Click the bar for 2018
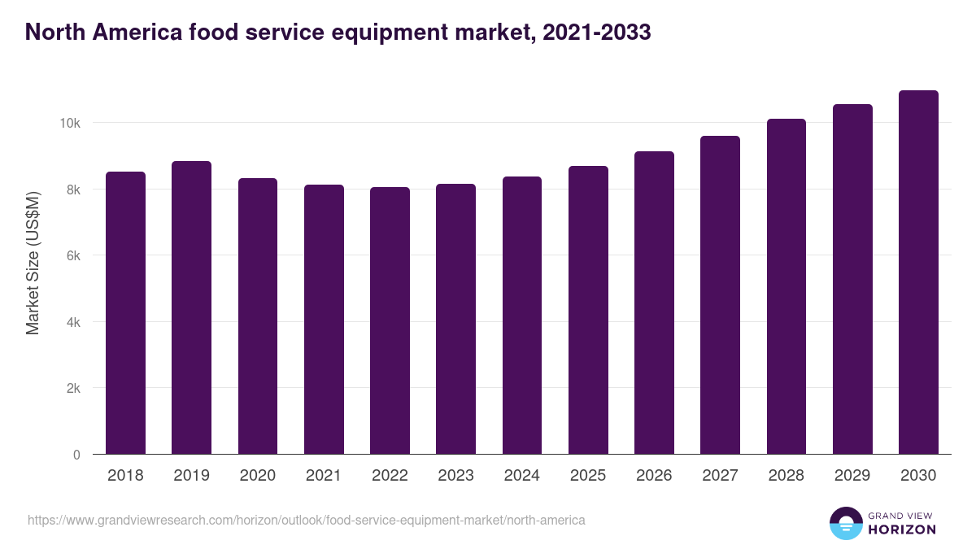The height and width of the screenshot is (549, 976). pos(125,313)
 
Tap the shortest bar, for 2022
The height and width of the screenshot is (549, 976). pos(390,320)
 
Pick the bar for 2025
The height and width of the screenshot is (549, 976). pos(588,310)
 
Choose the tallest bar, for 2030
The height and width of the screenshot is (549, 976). pos(918,272)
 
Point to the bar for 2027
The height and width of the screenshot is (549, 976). pos(720,295)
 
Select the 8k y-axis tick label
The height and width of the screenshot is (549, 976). pos(72,190)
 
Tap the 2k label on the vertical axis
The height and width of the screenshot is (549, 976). pos(72,389)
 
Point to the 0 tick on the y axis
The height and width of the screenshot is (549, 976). pos(76,455)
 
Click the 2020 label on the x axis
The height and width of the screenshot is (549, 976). pos(257,476)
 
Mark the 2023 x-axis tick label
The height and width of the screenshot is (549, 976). pos(455,476)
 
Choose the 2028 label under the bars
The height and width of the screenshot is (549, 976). pos(786,476)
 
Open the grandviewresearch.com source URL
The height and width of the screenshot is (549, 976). pos(306,520)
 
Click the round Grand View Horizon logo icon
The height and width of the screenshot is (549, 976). pos(845,523)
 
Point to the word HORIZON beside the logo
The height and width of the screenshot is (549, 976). pos(902,529)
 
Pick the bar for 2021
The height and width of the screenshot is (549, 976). pos(324,320)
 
